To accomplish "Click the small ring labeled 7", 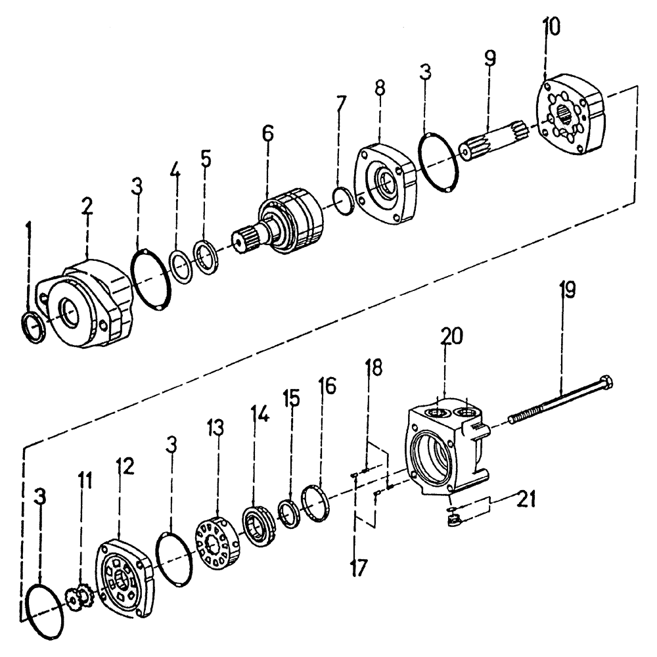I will [341, 200].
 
